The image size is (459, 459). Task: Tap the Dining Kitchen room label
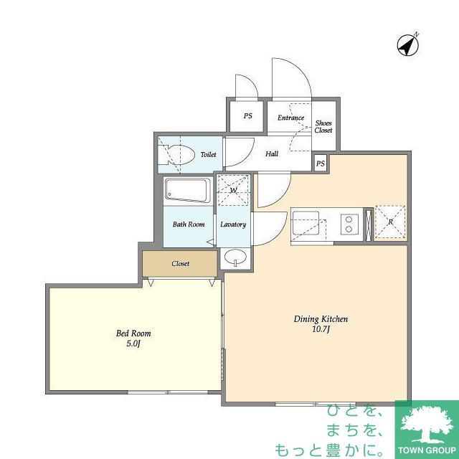pyautogui.click(x=321, y=319)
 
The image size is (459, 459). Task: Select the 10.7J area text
pyautogui.click(x=321, y=329)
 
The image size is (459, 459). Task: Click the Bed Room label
pyautogui.click(x=133, y=333)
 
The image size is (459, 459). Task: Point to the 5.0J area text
pyautogui.click(x=133, y=344)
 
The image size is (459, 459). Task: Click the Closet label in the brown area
pyautogui.click(x=180, y=264)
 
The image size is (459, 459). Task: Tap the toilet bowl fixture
pyautogui.click(x=179, y=153)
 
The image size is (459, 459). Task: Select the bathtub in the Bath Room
pyautogui.click(x=187, y=190)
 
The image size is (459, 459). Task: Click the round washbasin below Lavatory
pyautogui.click(x=235, y=258)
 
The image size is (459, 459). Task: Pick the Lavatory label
pyautogui.click(x=233, y=224)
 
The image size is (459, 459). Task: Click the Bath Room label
pyautogui.click(x=188, y=224)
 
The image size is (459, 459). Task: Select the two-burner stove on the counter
pyautogui.click(x=349, y=223)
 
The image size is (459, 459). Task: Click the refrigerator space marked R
pyautogui.click(x=390, y=222)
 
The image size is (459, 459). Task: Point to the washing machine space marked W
pyautogui.click(x=233, y=190)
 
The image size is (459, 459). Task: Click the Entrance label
pyautogui.click(x=290, y=118)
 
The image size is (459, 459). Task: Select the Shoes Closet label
pyautogui.click(x=323, y=127)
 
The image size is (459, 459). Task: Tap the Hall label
pyautogui.click(x=272, y=154)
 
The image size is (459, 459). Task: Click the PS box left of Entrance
pyautogui.click(x=247, y=116)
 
